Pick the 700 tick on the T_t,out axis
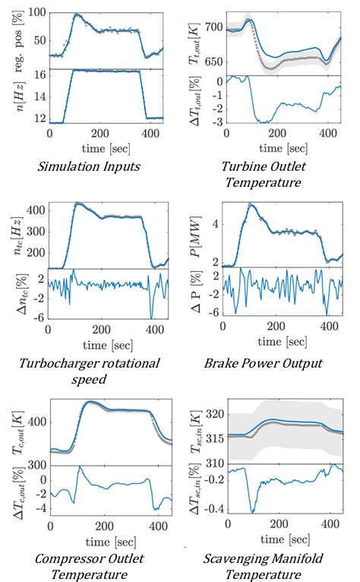tap(213, 27)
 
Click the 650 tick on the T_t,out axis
tap(213, 62)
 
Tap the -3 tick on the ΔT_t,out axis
tap(216, 122)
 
